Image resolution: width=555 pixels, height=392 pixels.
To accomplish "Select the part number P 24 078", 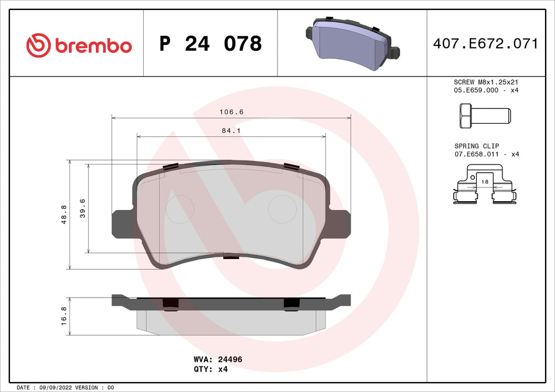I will pyautogui.click(x=210, y=44).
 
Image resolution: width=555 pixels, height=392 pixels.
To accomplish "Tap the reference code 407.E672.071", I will pyautogui.click(x=485, y=44).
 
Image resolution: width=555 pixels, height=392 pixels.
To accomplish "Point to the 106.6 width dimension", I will pyautogui.click(x=231, y=112).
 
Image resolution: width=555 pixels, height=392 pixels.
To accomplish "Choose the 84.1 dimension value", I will pyautogui.click(x=231, y=131).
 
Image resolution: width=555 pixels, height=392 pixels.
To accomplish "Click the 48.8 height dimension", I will pyautogui.click(x=65, y=215).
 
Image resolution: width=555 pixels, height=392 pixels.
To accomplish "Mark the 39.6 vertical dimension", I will pyautogui.click(x=83, y=208).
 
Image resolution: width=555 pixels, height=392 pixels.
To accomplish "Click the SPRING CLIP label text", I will pyautogui.click(x=477, y=146).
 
